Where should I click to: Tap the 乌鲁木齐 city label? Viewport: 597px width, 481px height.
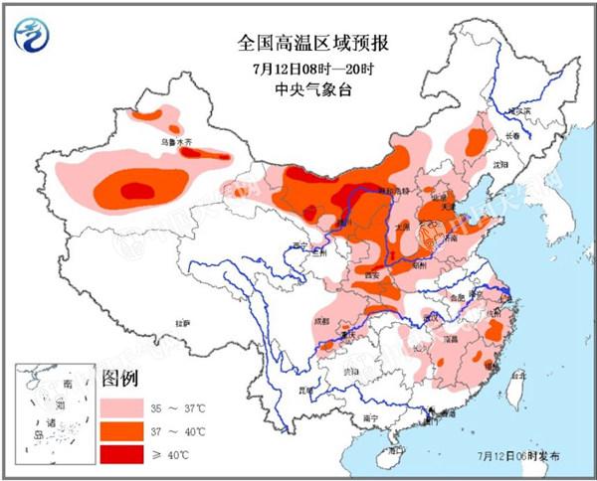[x=179, y=143]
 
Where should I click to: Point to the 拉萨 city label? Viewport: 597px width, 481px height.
[x=182, y=323]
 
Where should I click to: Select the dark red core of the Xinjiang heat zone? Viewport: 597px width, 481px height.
[x=136, y=189]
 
